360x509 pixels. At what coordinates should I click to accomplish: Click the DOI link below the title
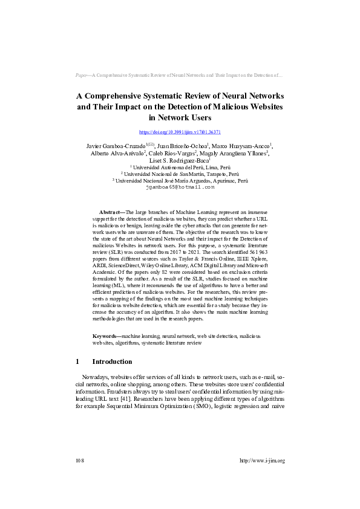click(180, 131)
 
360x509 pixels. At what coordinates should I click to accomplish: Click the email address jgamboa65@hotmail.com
click(180, 187)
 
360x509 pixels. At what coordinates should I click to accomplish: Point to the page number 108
click(79, 461)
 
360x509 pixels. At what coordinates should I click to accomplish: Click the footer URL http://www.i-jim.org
click(262, 461)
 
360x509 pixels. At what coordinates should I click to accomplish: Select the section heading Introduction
click(112, 361)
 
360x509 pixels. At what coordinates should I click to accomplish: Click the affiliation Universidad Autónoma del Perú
click(180, 167)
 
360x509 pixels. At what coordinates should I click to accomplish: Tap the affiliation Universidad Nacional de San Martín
click(180, 173)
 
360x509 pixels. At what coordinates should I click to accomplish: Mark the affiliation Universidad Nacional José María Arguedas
click(180, 180)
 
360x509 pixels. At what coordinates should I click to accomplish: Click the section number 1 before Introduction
click(77, 361)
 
